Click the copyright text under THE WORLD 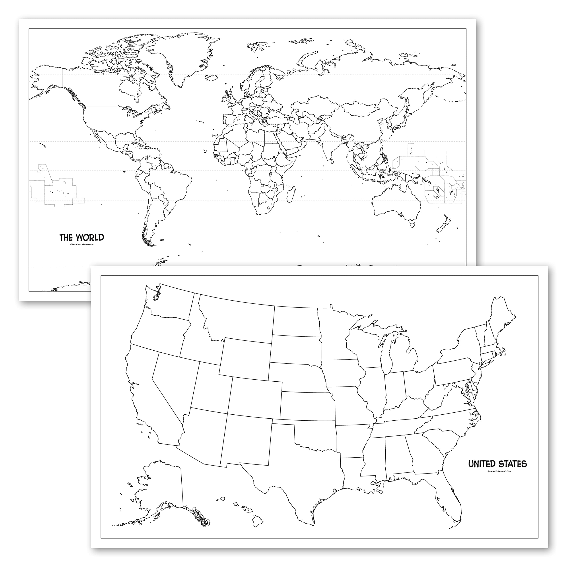click(x=82, y=244)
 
